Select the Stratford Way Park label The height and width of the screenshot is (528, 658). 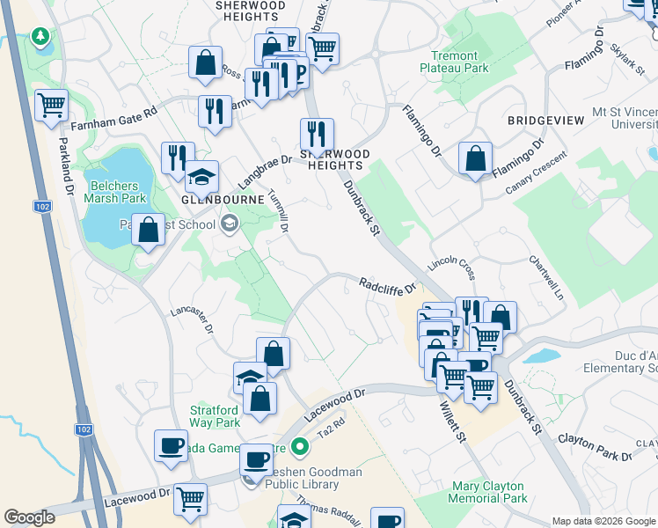point(215,416)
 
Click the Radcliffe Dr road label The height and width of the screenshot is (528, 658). point(386,285)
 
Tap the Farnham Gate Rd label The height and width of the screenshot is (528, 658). point(113,116)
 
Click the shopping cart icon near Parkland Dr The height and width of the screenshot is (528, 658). point(52,106)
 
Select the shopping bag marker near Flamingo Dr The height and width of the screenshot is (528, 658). point(475,159)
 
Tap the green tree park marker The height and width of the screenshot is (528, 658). point(40,37)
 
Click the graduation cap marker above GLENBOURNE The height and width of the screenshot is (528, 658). point(201,176)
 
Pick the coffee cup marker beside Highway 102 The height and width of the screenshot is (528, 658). point(172,445)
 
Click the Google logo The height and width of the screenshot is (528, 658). point(30,517)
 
